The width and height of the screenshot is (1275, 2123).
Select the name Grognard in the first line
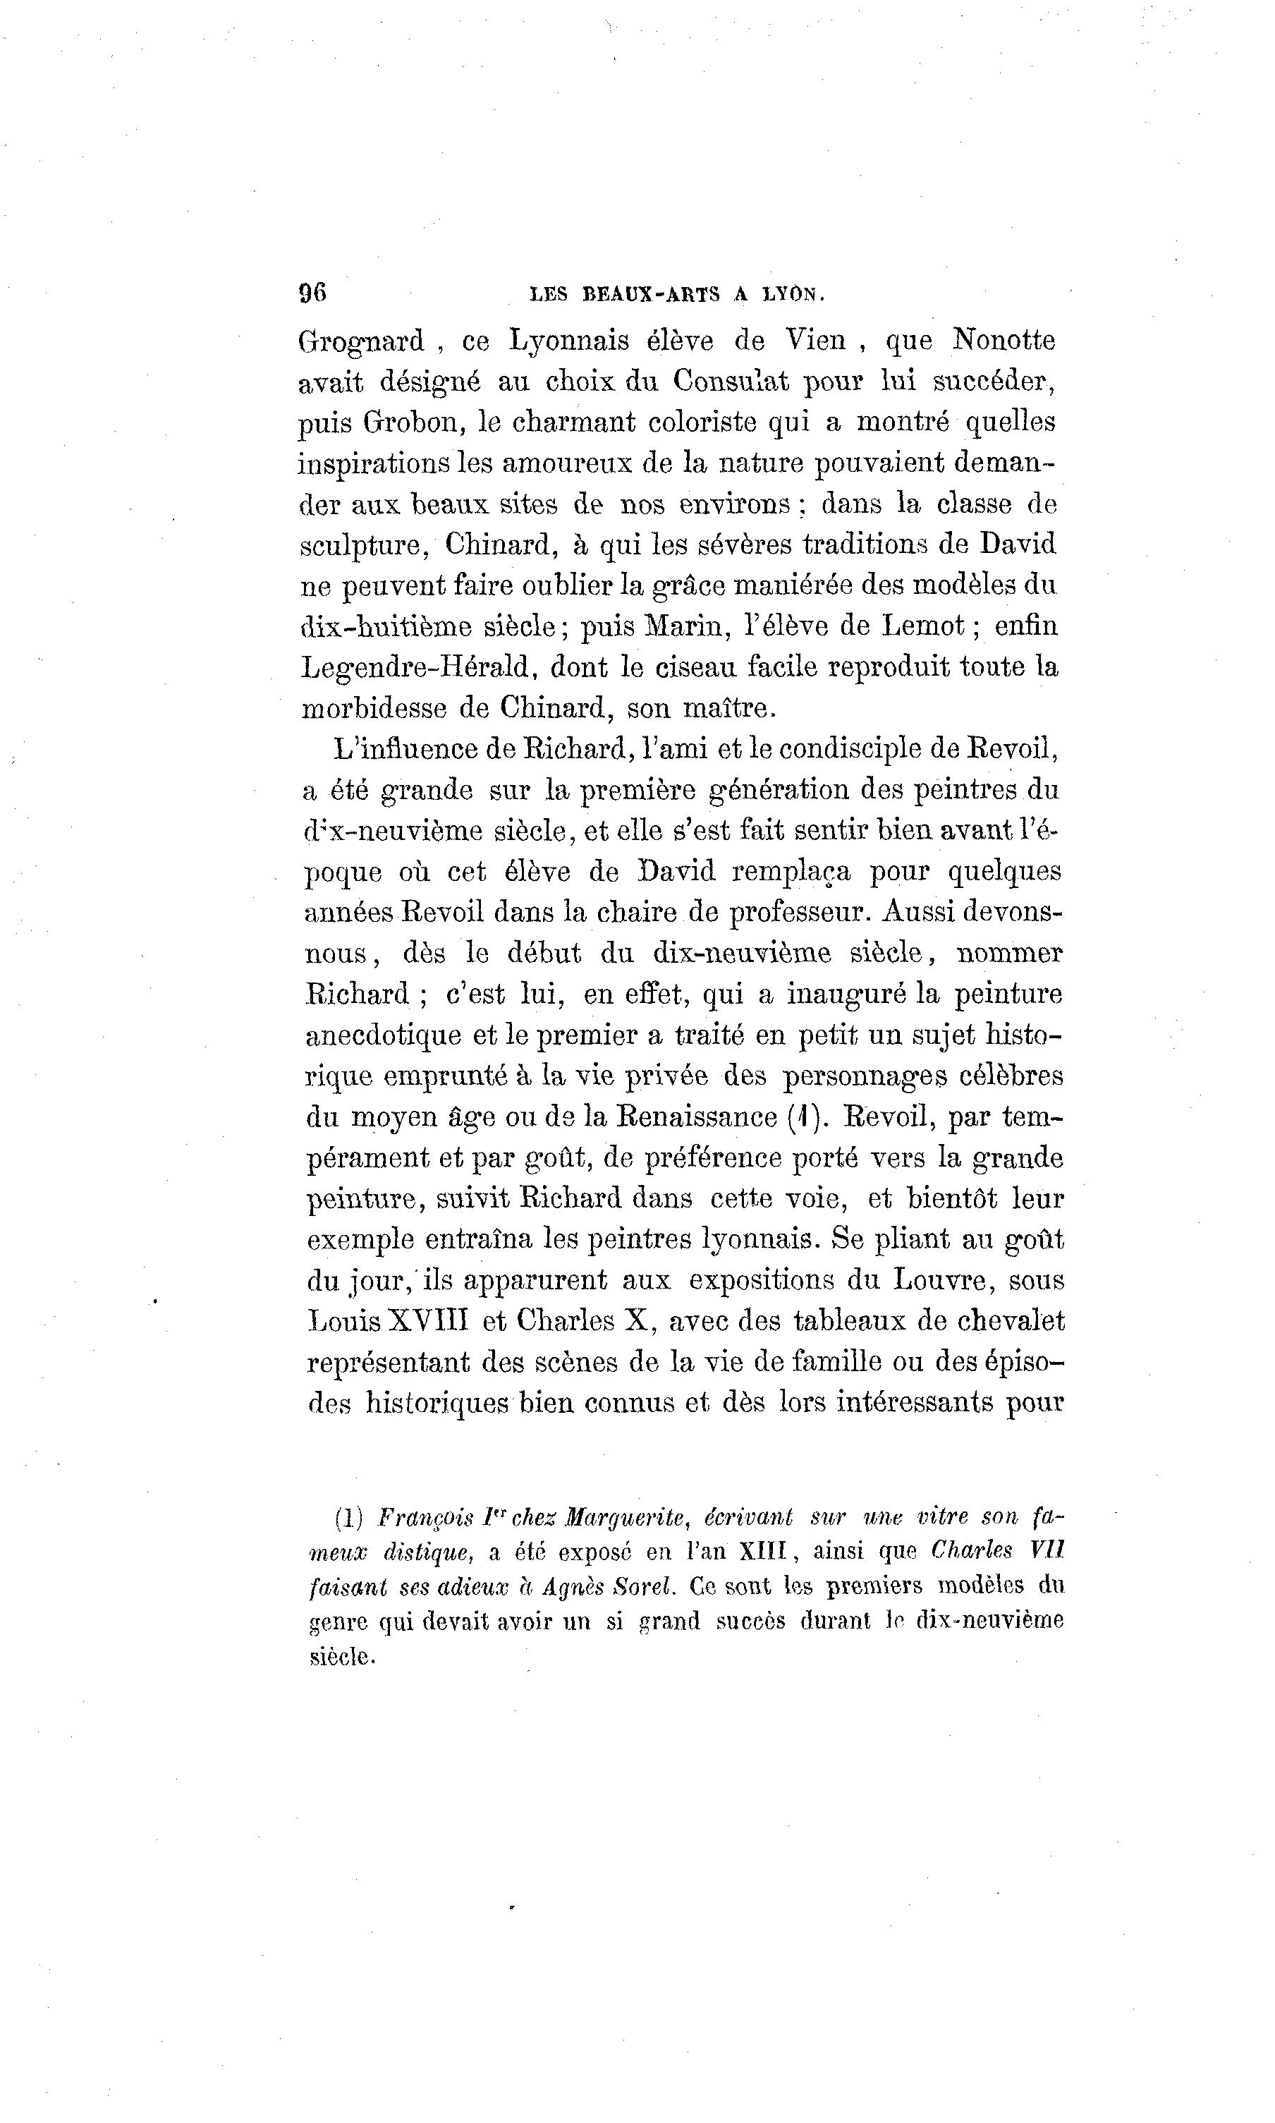pyautogui.click(x=361, y=342)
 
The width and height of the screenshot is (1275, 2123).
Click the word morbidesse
pyautogui.click(x=374, y=708)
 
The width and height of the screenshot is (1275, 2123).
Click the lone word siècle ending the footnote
pyautogui.click(x=342, y=1657)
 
